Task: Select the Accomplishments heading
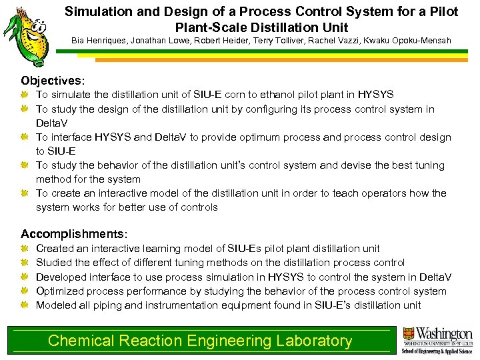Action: click(x=73, y=234)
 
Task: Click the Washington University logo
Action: click(x=437, y=340)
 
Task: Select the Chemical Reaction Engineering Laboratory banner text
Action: click(x=200, y=341)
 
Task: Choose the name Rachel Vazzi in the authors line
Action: click(x=340, y=41)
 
